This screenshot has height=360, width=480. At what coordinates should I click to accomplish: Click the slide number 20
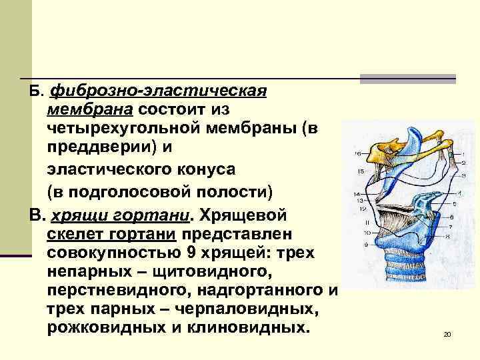447,334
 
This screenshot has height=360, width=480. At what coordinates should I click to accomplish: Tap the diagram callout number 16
358,154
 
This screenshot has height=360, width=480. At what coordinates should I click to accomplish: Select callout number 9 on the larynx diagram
366,245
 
